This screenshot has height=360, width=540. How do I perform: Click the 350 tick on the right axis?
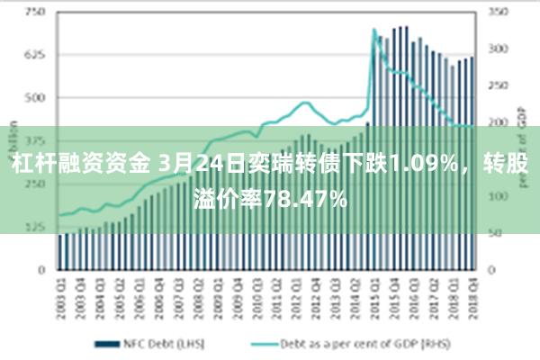498,13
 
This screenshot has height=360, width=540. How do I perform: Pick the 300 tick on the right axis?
498,49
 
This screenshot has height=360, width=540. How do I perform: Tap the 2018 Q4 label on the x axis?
471,290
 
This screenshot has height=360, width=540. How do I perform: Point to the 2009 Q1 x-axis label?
216,290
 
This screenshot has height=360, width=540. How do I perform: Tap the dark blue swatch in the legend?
109,343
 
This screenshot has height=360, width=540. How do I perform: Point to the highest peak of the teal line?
374,31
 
